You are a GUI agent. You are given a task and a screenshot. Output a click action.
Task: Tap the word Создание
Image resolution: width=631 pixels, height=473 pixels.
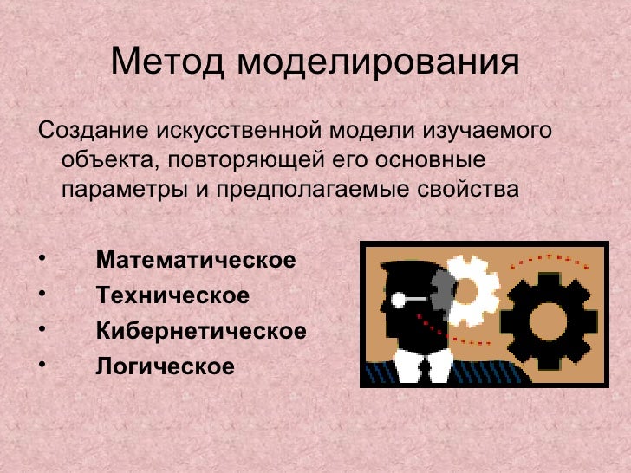click(92, 133)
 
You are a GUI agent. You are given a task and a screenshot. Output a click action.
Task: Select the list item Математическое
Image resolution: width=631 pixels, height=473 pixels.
click(196, 260)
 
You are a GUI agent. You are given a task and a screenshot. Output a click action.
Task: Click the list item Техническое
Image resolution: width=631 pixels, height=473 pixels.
click(172, 295)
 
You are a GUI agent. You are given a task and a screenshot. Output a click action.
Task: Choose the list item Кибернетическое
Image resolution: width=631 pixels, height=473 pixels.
click(201, 331)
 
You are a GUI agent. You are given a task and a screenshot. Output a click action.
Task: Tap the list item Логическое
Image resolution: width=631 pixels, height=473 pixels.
click(165, 366)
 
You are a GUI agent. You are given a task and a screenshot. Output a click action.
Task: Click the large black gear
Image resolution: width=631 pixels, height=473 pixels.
click(549, 320)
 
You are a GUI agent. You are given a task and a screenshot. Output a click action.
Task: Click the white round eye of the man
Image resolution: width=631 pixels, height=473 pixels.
click(398, 300)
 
